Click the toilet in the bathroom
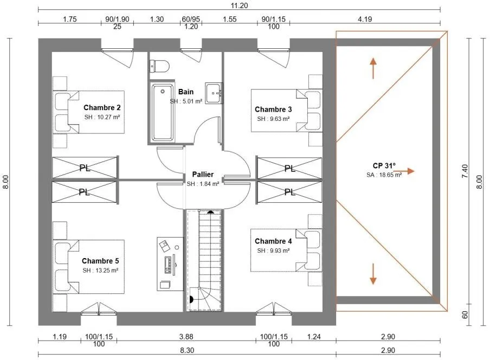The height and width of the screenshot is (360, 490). (x=160, y=66)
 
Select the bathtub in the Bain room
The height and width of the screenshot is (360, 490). (x=162, y=113)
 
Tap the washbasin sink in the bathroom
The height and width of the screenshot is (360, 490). (x=214, y=93)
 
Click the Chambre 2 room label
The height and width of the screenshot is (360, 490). (x=102, y=108)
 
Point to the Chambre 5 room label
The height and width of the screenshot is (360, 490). (x=100, y=261)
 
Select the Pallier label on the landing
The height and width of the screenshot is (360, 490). (x=203, y=175)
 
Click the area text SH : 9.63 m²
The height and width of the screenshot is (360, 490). (x=273, y=119)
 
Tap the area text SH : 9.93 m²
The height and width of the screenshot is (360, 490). (x=273, y=250)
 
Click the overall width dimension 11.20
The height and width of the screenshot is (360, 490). (x=240, y=5)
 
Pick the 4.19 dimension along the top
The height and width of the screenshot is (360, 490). (x=365, y=19)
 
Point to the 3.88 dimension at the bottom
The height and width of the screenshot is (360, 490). (x=186, y=337)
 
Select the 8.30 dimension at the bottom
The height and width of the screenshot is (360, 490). (x=187, y=351)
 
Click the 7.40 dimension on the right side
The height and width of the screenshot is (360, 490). (x=465, y=171)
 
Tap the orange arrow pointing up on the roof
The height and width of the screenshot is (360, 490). (x=373, y=68)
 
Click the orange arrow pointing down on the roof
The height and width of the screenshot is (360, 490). (x=373, y=274)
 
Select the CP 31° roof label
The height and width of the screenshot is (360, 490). (x=384, y=165)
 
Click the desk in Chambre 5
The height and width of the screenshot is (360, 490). (x=170, y=264)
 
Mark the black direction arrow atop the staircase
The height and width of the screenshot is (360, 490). (x=211, y=212)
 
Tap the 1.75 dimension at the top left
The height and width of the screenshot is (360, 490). (x=70, y=19)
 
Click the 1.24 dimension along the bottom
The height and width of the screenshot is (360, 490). (x=314, y=337)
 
